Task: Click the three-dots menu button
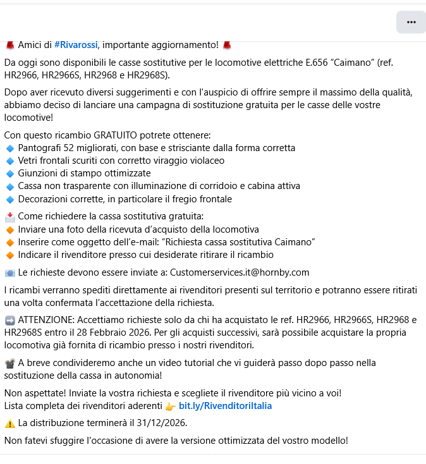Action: pyautogui.click(x=411, y=22)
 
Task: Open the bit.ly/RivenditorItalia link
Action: pyautogui.click(x=225, y=405)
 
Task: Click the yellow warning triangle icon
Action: pyautogui.click(x=9, y=423)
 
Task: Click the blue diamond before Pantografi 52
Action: pyautogui.click(x=9, y=148)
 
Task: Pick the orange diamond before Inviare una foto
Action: pyautogui.click(x=9, y=229)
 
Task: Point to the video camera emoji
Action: pyautogui.click(x=9, y=363)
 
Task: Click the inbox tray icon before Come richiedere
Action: pyautogui.click(x=9, y=217)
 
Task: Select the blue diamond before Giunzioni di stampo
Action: pyautogui.click(x=9, y=173)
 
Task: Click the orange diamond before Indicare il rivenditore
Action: pyautogui.click(x=9, y=255)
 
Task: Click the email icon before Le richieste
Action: pyautogui.click(x=9, y=273)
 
